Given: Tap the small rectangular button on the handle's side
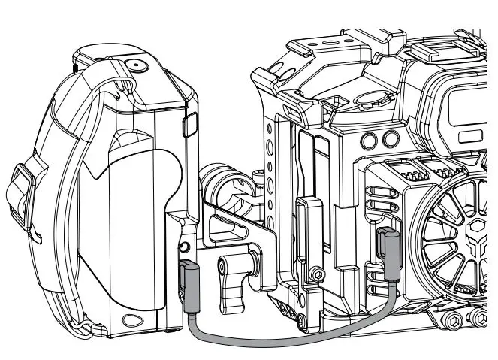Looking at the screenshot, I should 189,123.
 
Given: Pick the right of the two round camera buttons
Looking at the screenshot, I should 389,138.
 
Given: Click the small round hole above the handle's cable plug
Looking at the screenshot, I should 183,247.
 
